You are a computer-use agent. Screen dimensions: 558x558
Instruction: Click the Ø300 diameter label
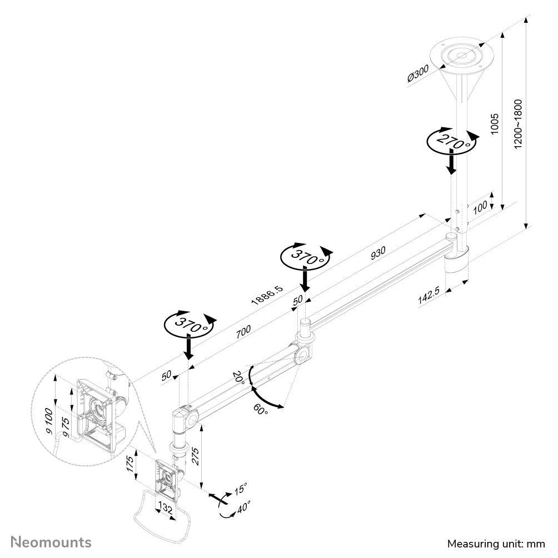coord(418,74)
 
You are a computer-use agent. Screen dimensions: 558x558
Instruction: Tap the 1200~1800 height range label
coord(518,124)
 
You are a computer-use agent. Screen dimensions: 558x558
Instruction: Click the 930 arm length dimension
coord(377,252)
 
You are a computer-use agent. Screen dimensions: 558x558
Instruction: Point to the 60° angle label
coord(261,410)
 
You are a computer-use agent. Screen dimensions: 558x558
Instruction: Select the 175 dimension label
coord(129,463)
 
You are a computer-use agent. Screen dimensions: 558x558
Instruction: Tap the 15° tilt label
coord(240,489)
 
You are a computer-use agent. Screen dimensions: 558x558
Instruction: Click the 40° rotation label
coord(243,507)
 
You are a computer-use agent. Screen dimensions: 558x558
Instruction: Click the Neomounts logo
coord(51,541)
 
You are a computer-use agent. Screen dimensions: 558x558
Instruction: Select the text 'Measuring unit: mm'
coord(496,543)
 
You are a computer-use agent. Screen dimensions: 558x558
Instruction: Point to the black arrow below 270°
coord(452,162)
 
